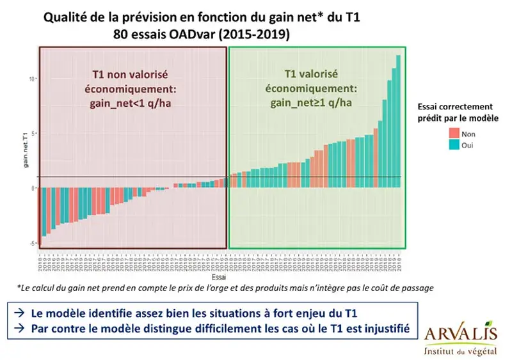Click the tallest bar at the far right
pyautogui.click(x=398, y=121)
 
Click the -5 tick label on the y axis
pyautogui.click(x=31, y=243)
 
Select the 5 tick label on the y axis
pyautogui.click(x=32, y=134)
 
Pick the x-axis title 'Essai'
pyautogui.click(x=218, y=278)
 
